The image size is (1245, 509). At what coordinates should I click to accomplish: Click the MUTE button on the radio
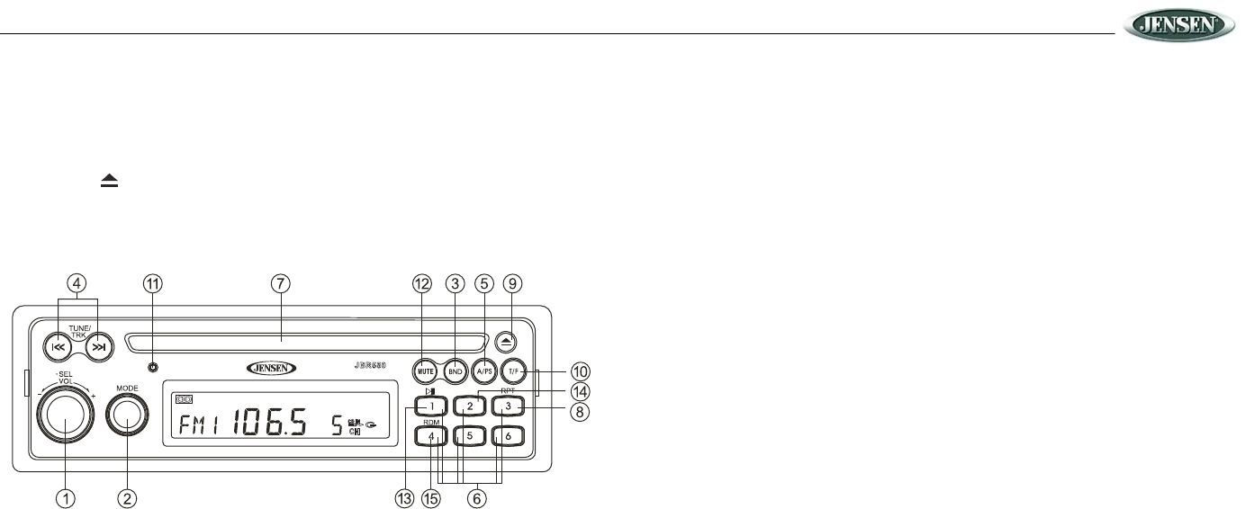point(426,370)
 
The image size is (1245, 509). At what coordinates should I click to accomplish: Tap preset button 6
point(508,436)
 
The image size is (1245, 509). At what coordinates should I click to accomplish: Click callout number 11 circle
point(154,283)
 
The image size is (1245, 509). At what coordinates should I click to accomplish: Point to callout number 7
point(282,283)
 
